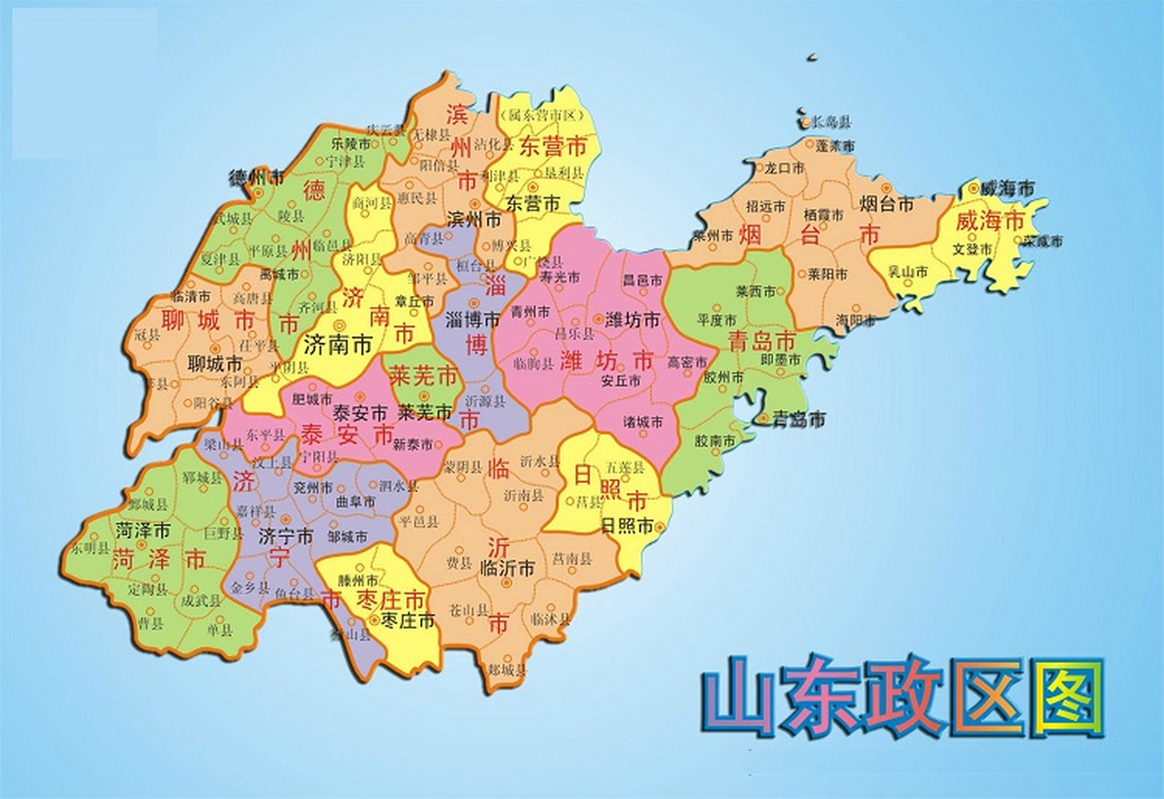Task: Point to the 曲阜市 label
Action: click(355, 501)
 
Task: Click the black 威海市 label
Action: click(1007, 188)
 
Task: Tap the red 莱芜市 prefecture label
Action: click(423, 376)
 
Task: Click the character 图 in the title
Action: click(1067, 699)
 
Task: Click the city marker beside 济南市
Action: click(340, 324)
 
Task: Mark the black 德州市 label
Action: click(257, 177)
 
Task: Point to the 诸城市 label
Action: click(643, 422)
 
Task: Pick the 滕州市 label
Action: click(357, 580)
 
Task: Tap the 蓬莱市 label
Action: click(835, 146)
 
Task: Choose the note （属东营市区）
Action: click(541, 115)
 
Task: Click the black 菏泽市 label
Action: click(142, 531)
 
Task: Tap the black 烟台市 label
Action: click(887, 203)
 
